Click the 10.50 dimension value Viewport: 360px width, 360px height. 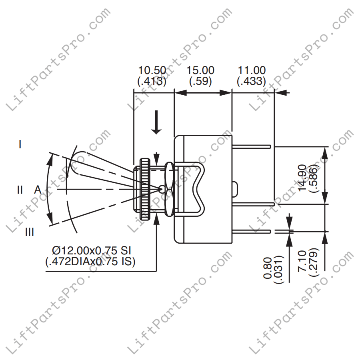pos(152,70)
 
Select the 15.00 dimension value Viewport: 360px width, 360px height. pos(200,70)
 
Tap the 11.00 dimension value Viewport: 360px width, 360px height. pos(251,70)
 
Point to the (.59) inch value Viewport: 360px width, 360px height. pos(200,81)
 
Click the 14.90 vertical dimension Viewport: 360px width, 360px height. pos(302,176)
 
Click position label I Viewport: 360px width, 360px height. pos(20,144)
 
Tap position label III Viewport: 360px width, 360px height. pos(29,232)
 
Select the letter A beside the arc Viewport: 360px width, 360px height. pos(38,190)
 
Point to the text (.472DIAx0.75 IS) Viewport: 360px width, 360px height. pos(90,262)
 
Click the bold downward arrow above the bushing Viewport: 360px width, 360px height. pos(157,122)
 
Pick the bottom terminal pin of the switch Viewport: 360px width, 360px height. pos(252,232)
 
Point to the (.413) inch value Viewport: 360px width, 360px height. pos(152,81)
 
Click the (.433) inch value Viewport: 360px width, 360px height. pos(251,81)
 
